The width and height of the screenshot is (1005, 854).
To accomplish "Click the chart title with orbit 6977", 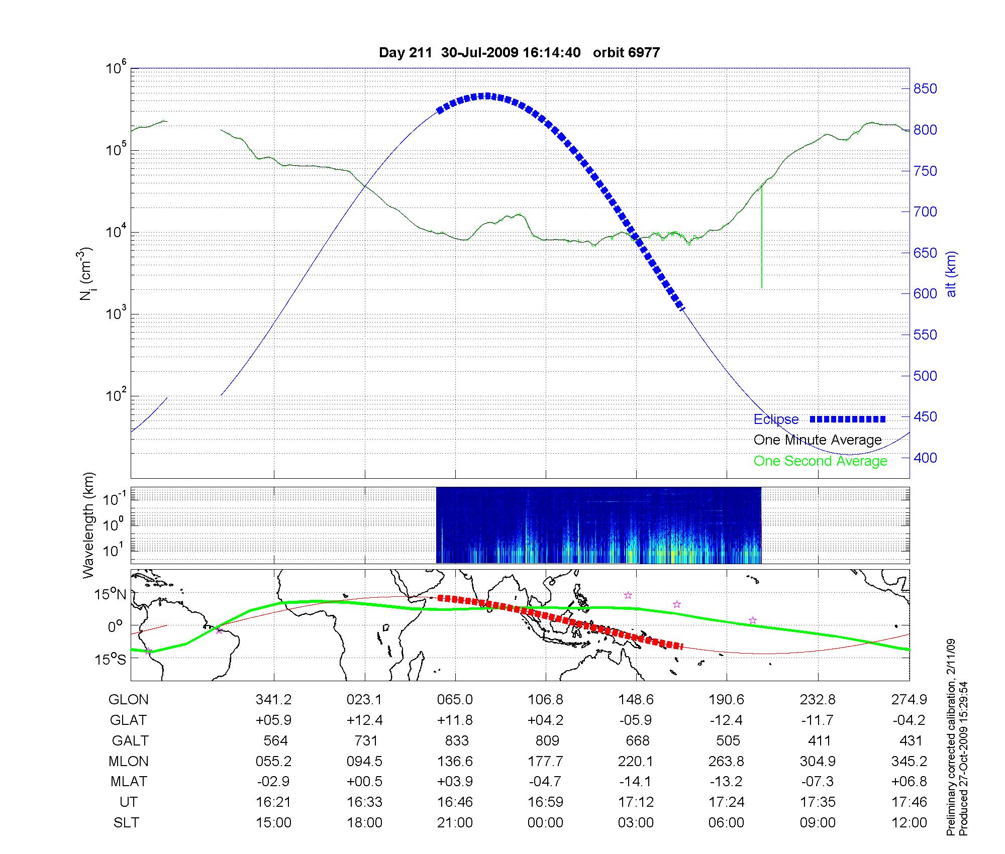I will [519, 53].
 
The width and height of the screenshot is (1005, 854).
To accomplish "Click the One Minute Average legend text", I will [818, 440].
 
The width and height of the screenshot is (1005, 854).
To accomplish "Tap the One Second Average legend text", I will [820, 461].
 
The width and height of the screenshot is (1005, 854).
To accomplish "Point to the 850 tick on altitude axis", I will [925, 89].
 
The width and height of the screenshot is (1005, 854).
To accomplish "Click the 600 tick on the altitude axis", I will [925, 293].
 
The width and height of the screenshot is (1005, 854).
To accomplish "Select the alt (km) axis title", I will [951, 274].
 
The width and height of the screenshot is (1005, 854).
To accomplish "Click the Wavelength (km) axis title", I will [89, 525].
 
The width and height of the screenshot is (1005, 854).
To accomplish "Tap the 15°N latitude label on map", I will [111, 595].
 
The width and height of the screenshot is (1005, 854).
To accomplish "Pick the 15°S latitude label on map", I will [111, 659].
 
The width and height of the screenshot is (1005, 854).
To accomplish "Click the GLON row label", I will [129, 700].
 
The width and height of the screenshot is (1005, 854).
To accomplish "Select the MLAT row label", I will [129, 782].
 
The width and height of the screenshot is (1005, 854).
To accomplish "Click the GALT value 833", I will [456, 741].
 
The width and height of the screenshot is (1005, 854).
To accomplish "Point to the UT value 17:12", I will [636, 802].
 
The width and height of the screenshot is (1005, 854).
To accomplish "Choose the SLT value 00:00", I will [545, 823].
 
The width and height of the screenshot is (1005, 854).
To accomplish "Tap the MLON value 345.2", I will [909, 762].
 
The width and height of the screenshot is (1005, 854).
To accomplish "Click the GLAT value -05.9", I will [636, 720].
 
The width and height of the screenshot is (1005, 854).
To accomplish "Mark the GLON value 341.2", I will [273, 700].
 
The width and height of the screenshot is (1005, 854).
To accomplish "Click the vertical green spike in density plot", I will [762, 236].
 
